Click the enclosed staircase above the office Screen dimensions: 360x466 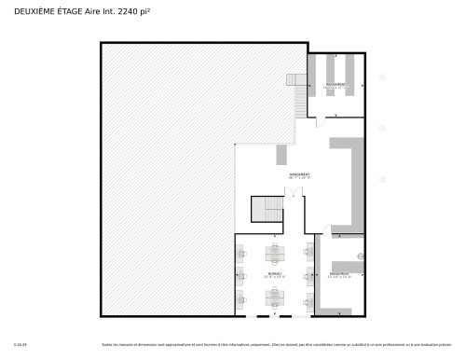[267, 210]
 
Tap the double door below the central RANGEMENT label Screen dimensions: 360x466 [295, 193]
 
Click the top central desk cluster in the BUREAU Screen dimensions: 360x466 [276, 253]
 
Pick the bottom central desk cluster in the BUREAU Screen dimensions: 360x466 [276, 298]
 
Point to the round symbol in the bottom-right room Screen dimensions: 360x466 [359, 257]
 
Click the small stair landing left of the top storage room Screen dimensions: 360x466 [295, 81]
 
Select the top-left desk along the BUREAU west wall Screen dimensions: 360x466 [240, 252]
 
